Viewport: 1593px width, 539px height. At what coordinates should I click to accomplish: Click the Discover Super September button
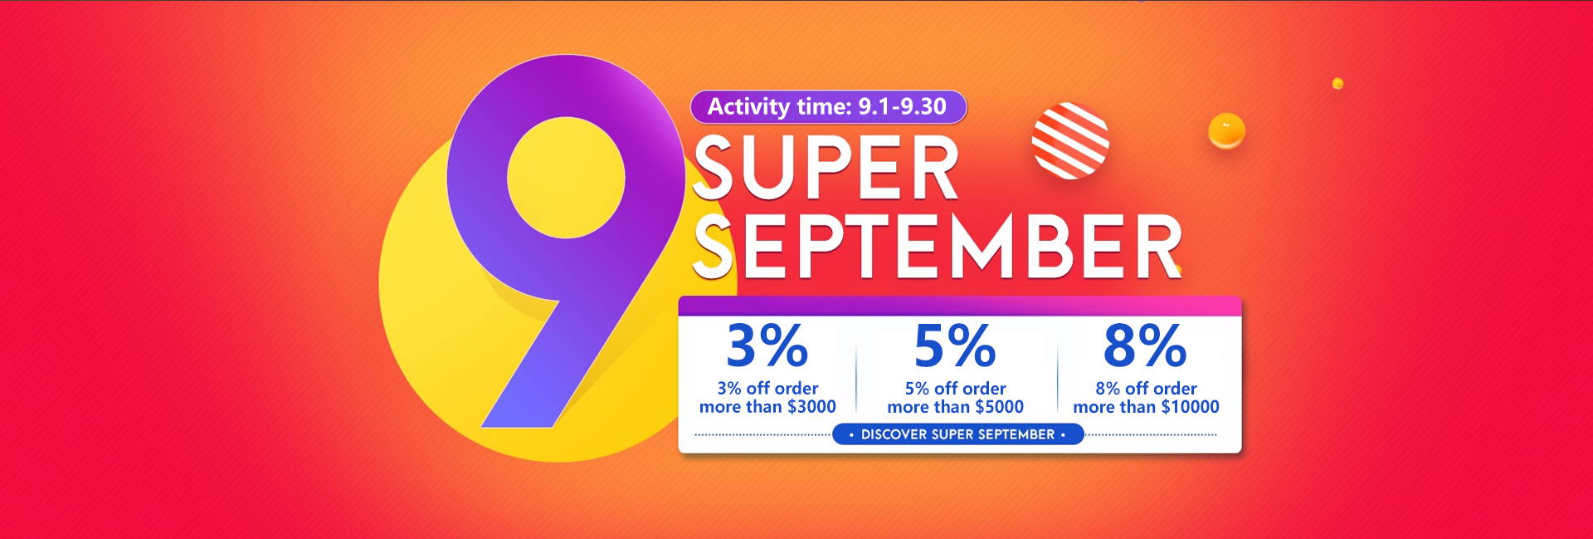(x=957, y=434)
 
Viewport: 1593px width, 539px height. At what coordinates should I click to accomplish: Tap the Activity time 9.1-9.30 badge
(x=828, y=107)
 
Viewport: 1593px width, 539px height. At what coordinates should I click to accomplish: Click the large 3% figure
(x=767, y=345)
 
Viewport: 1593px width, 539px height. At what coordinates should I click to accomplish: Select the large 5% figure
(x=955, y=345)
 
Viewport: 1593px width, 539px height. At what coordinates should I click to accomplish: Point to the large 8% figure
(x=1145, y=345)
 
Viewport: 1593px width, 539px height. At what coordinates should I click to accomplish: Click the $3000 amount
(x=811, y=407)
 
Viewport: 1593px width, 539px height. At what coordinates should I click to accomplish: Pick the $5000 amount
(x=999, y=407)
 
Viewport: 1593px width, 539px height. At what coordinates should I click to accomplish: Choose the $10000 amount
(x=1190, y=407)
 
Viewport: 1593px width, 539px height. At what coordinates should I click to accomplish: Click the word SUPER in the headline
(x=826, y=169)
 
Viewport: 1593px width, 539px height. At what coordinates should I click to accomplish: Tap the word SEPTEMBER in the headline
(x=938, y=246)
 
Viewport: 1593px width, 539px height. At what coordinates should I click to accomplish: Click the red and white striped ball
(x=1070, y=140)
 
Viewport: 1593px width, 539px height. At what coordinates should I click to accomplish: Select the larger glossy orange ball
(x=1226, y=130)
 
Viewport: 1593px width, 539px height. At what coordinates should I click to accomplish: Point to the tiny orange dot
(x=1337, y=84)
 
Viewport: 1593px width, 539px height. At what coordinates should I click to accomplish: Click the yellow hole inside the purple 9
(x=566, y=177)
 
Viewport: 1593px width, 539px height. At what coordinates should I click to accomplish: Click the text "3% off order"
(x=767, y=389)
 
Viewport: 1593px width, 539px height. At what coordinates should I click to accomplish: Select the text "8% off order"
(x=1146, y=389)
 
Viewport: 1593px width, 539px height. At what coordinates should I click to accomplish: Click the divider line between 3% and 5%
(x=856, y=370)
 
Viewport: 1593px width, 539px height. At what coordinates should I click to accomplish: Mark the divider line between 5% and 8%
(x=1058, y=370)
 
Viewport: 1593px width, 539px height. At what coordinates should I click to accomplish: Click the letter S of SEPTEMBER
(x=713, y=246)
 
